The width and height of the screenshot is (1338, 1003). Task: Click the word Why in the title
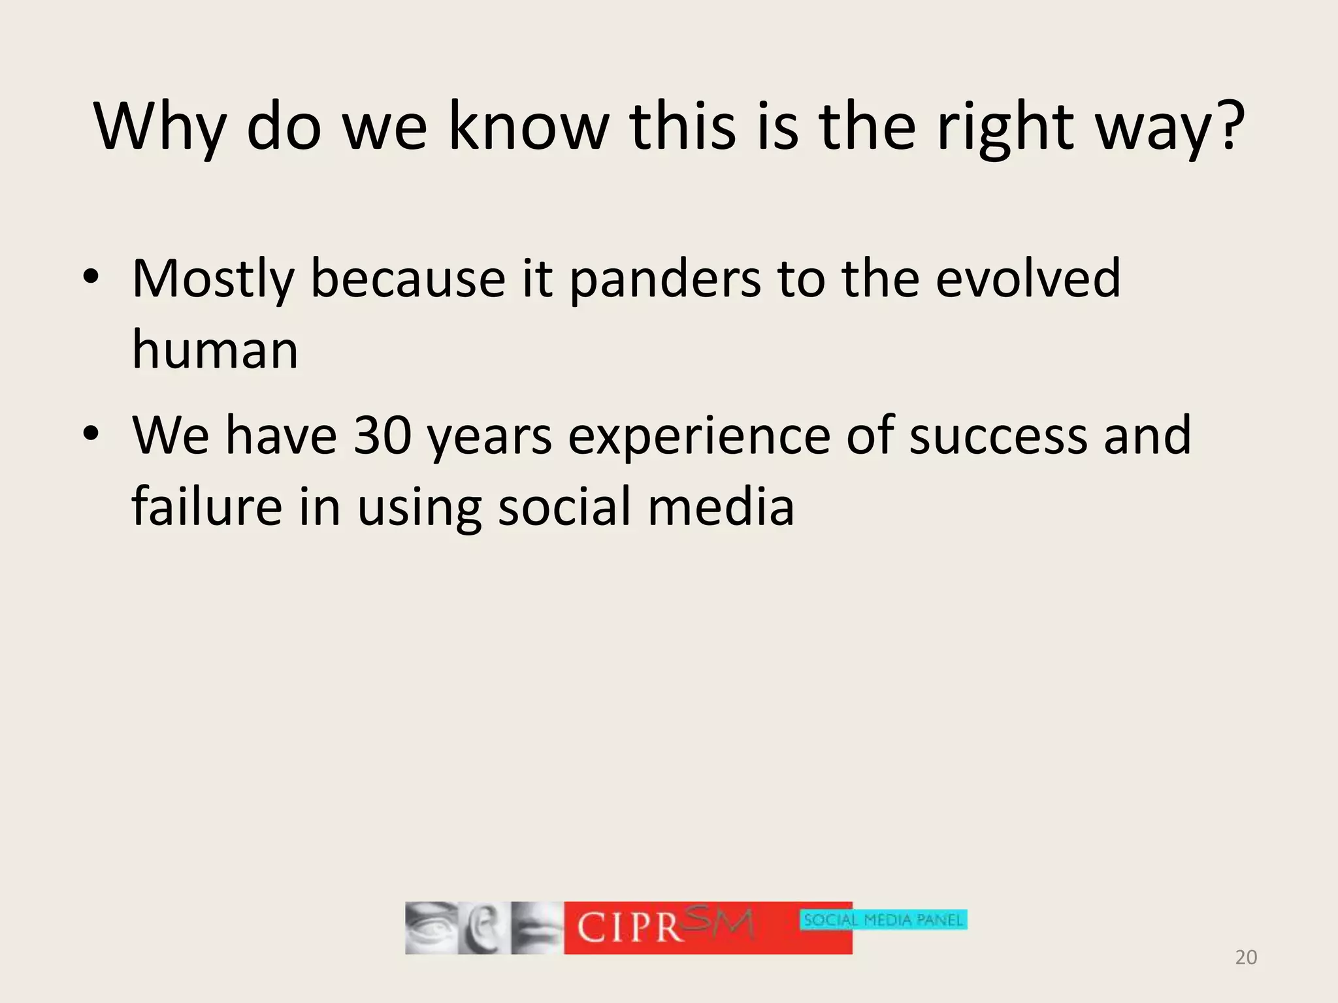point(160,127)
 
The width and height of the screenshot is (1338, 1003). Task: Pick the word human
point(215,350)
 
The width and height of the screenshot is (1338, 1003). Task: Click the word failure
point(206,507)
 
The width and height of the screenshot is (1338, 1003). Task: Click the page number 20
point(1246,957)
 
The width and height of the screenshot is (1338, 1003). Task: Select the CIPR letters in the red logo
point(630,928)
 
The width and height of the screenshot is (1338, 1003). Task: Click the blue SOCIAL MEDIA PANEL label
point(883,920)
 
